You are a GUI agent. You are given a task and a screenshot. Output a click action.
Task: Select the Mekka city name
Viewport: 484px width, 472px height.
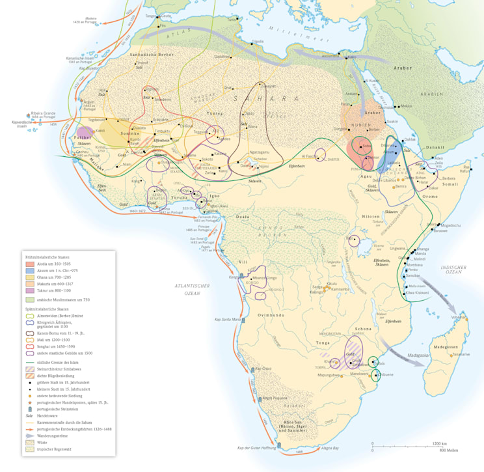click(x=405, y=106)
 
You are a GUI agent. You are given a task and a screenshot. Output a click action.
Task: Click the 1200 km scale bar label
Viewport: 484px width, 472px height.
click(x=440, y=443)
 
